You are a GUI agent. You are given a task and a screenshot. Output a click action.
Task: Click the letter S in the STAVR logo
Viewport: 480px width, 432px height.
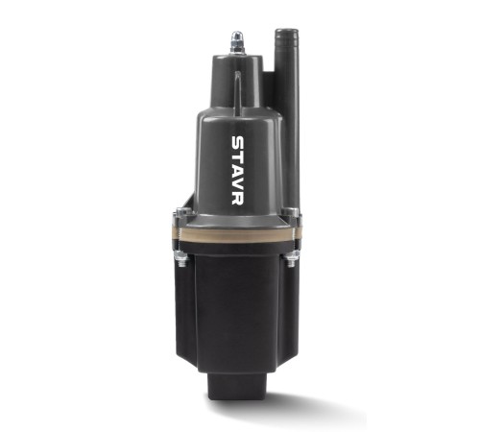pos(237,143)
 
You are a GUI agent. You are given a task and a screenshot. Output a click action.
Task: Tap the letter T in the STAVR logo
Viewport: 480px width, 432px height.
pos(237,157)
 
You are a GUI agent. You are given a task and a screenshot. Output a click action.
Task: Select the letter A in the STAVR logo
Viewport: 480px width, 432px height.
pos(237,170)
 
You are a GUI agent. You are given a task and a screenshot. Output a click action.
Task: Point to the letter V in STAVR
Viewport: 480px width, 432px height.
pos(237,184)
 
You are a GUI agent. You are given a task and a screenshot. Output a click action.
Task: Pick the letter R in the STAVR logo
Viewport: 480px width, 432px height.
pos(237,199)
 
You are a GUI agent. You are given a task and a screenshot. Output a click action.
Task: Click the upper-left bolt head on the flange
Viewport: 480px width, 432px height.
pos(182,212)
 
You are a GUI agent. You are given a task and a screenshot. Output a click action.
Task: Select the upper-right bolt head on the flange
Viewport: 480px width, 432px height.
pos(291,212)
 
